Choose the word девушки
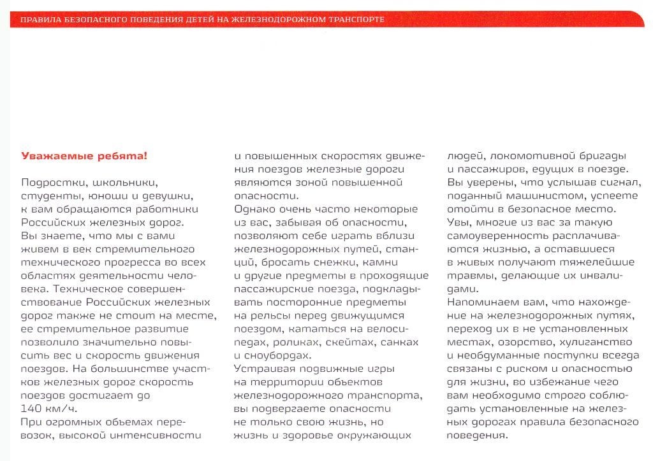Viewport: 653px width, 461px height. (x=169, y=195)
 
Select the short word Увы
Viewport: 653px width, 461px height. (x=460, y=222)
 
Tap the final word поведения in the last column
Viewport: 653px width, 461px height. (x=478, y=436)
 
